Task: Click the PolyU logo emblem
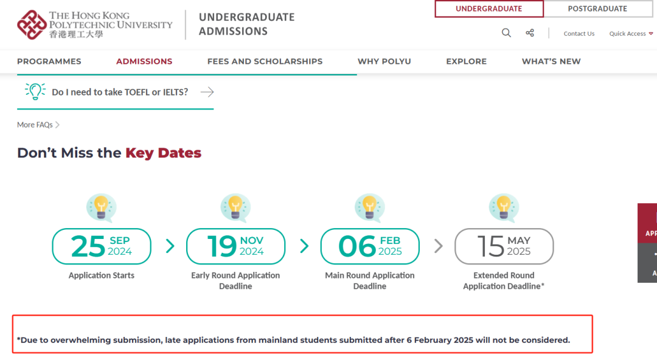(32, 24)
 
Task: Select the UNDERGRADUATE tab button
(488, 9)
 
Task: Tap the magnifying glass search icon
(506, 33)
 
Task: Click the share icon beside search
(530, 33)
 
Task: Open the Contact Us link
(579, 34)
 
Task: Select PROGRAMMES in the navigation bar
(49, 61)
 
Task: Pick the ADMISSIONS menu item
(144, 61)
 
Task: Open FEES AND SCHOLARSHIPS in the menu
(265, 61)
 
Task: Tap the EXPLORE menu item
(466, 61)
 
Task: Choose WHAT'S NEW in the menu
(551, 61)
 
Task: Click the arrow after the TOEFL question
(207, 92)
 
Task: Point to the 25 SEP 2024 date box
(102, 246)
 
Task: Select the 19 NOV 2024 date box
(235, 246)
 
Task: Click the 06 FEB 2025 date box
(370, 246)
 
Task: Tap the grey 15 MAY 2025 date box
(504, 246)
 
